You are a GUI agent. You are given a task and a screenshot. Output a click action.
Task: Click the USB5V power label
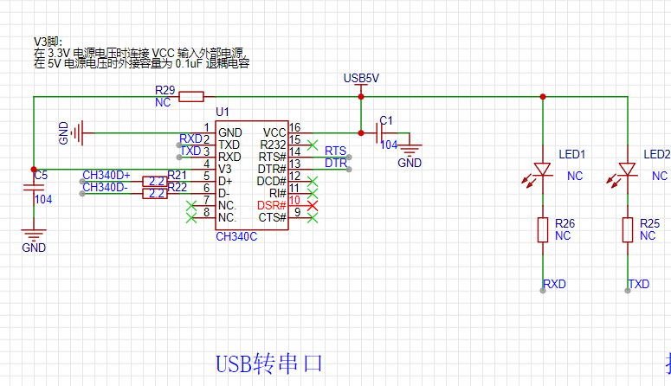361,78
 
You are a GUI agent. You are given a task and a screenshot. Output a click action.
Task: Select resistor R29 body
190,96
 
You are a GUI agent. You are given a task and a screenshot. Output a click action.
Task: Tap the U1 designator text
223,113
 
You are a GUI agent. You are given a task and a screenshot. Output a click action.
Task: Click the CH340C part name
236,235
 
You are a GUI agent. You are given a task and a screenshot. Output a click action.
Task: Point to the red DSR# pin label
271,205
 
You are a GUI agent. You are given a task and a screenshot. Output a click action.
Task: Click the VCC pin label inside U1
274,132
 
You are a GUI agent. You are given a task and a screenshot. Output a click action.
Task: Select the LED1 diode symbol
543,170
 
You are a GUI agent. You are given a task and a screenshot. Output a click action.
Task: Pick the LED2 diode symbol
627,170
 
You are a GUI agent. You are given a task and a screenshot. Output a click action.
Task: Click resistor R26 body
543,229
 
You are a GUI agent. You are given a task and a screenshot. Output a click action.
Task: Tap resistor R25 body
627,229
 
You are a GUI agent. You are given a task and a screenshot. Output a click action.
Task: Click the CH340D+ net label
106,176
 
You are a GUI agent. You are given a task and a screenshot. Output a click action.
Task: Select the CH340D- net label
105,187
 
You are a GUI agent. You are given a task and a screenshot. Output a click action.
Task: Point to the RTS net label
335,151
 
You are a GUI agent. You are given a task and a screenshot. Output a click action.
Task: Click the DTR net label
335,163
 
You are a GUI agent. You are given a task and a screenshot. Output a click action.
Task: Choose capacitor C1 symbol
379,132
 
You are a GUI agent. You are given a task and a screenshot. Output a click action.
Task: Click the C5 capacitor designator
41,176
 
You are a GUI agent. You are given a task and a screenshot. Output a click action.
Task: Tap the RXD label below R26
554,284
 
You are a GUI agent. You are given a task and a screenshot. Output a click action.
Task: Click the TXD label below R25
638,284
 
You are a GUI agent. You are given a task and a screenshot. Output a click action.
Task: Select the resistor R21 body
156,181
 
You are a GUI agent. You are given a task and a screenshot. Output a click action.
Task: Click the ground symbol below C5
34,234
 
